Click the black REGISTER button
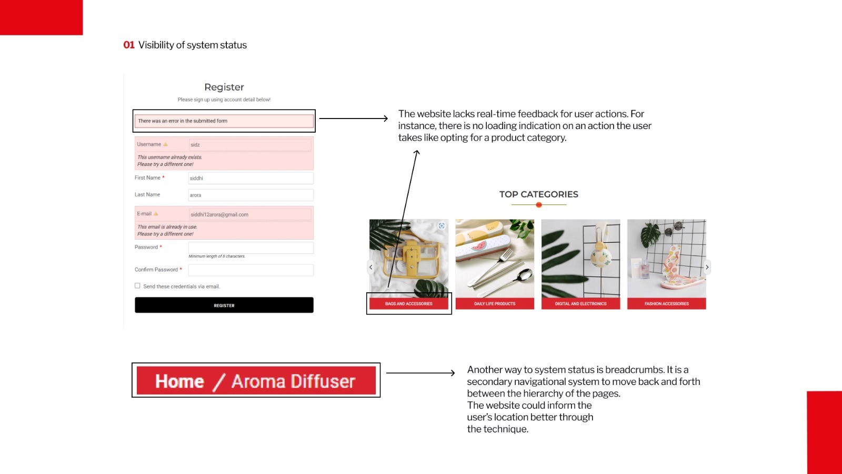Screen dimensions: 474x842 [x=224, y=305]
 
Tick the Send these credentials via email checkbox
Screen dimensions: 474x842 [x=137, y=286]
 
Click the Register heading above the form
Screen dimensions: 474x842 [x=224, y=87]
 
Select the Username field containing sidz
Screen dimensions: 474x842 [x=250, y=145]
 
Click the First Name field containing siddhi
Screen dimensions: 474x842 [x=250, y=179]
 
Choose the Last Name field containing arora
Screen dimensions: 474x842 [x=250, y=195]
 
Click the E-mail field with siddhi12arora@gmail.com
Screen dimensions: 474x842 [x=250, y=214]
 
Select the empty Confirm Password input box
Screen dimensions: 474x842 [x=250, y=270]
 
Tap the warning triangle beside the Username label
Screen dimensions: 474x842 [x=165, y=144]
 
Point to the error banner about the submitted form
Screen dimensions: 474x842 [x=224, y=121]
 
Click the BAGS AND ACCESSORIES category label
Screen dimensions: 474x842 [x=409, y=304]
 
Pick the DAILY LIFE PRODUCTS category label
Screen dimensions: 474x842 [x=495, y=304]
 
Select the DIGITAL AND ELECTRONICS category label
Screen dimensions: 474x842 [x=580, y=304]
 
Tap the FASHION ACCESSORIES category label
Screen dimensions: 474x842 [x=667, y=304]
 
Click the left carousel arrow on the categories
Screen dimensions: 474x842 [x=371, y=267]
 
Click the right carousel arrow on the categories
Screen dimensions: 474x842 [x=707, y=267]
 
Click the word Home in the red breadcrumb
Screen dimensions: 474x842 [x=179, y=381]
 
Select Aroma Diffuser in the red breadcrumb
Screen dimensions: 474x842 [x=294, y=381]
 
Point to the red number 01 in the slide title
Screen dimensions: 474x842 [x=129, y=45]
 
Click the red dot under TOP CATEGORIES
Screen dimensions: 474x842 [x=539, y=205]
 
